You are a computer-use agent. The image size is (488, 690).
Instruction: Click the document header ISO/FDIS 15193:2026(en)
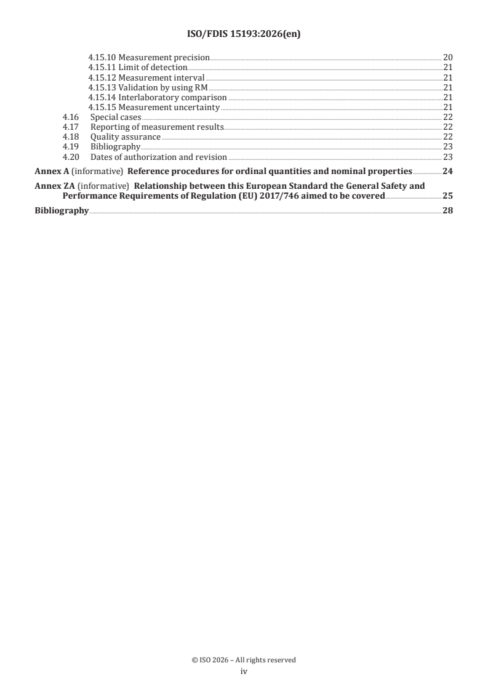pyautogui.click(x=244, y=35)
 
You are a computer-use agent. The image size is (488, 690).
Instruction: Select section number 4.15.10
pyautogui.click(x=102, y=58)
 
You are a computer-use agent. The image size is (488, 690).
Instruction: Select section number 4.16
pyautogui.click(x=71, y=117)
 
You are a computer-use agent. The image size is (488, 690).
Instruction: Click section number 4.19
pyautogui.click(x=71, y=146)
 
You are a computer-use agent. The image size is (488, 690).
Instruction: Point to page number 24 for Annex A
pyautogui.click(x=447, y=171)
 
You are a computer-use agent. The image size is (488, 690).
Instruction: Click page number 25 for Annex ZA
pyautogui.click(x=447, y=196)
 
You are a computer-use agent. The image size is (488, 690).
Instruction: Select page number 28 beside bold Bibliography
pyautogui.click(x=447, y=210)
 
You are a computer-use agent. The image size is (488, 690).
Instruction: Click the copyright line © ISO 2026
pyautogui.click(x=244, y=660)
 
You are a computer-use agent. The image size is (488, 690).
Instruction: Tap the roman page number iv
pyautogui.click(x=244, y=672)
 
